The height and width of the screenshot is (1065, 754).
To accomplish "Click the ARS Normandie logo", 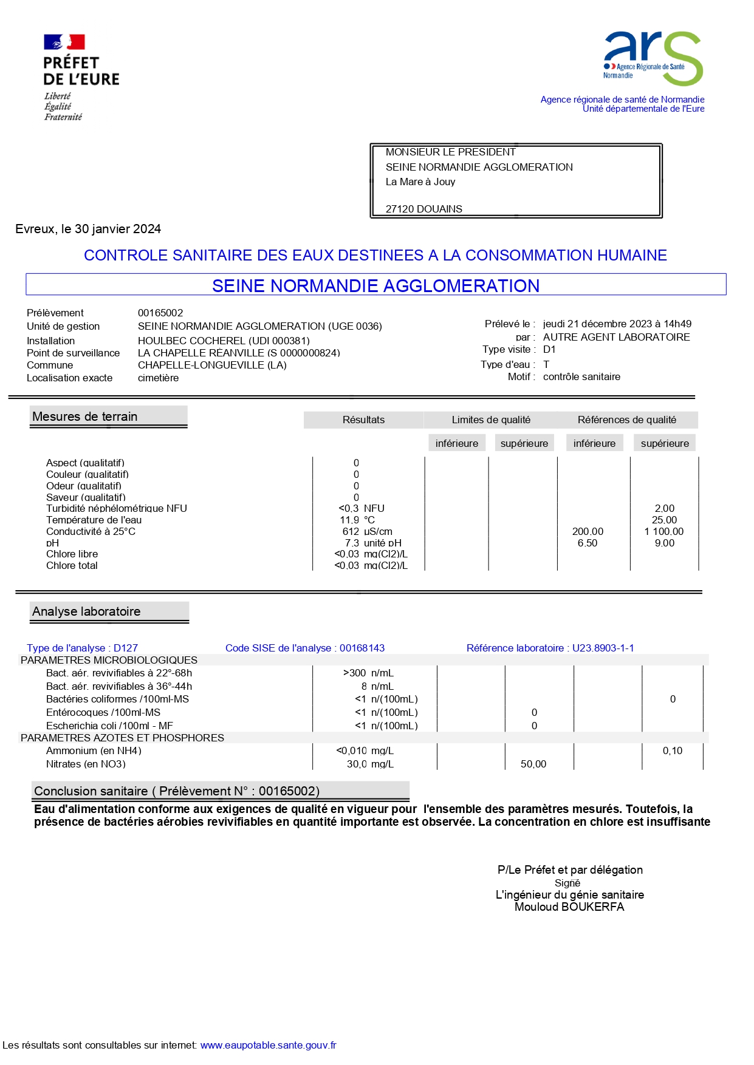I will [x=653, y=58].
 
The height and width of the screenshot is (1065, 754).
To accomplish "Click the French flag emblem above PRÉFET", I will [x=64, y=42].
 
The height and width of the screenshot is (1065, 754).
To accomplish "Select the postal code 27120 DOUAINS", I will [x=423, y=209].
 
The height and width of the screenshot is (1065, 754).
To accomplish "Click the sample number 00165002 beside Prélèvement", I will [x=160, y=313].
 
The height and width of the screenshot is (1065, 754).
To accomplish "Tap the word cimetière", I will [x=158, y=378].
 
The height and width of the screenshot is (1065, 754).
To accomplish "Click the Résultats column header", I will [x=363, y=420].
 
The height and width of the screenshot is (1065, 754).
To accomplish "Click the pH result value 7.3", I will [x=352, y=543].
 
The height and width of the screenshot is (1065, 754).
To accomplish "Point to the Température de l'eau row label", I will [x=94, y=520].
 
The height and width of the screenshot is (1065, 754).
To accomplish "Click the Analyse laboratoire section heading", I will [x=86, y=611].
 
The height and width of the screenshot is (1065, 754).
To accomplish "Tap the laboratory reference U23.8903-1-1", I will [x=603, y=648].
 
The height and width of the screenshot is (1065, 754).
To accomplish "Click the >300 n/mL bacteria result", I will [x=368, y=673].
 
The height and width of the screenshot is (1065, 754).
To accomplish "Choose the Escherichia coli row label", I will [x=109, y=726].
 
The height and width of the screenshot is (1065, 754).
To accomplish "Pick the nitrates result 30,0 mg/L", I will [x=369, y=764].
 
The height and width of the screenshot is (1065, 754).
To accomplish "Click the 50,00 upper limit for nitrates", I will [x=533, y=764].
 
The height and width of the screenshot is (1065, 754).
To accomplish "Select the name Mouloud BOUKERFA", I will [x=569, y=907].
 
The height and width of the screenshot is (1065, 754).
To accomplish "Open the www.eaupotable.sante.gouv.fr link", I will [x=268, y=1045].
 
